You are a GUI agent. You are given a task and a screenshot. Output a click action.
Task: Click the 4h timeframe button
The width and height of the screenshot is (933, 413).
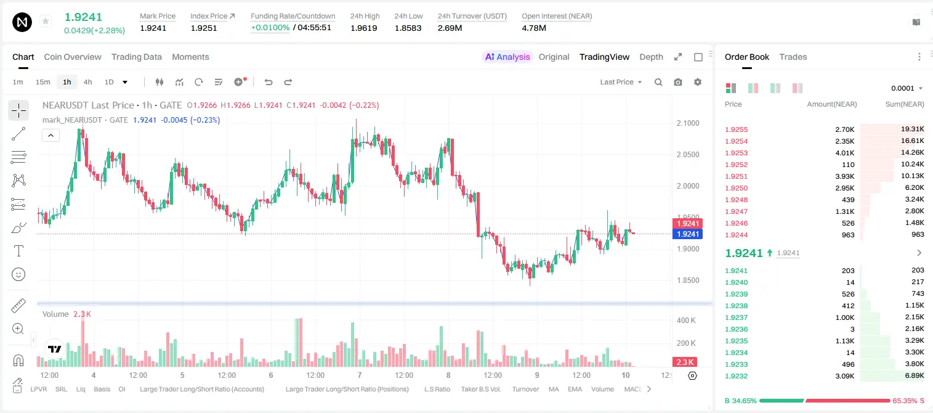tap(87, 82)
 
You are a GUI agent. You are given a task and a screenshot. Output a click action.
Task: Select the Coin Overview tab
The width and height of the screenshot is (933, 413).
tap(73, 57)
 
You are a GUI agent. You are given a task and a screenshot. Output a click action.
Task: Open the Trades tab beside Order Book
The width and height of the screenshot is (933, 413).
tap(793, 57)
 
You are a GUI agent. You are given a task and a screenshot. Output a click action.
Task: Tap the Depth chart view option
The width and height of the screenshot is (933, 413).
tap(651, 57)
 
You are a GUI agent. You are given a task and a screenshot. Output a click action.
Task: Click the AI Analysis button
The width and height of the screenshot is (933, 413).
tap(507, 57)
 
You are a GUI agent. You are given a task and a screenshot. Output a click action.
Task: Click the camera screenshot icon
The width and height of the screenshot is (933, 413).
tap(677, 82)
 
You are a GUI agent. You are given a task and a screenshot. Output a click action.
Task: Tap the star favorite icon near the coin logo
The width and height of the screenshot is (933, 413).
tap(46, 22)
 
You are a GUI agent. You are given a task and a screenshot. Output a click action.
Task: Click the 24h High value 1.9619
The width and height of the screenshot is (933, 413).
tap(363, 28)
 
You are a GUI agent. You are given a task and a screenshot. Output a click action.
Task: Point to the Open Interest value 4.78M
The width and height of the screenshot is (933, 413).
tap(533, 28)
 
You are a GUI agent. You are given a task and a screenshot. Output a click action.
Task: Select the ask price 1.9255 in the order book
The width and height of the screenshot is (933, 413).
tap(736, 129)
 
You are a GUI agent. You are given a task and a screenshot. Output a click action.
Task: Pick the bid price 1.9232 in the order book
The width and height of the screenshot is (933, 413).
tap(736, 376)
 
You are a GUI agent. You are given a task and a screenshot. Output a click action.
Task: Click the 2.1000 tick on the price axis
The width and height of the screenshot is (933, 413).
tap(688, 123)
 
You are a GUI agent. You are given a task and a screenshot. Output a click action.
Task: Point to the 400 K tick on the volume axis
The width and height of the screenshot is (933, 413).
tap(686, 321)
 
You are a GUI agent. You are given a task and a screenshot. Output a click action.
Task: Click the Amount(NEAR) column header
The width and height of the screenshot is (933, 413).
tap(832, 104)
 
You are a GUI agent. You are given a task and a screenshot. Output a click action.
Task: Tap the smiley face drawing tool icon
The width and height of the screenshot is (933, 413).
tap(18, 274)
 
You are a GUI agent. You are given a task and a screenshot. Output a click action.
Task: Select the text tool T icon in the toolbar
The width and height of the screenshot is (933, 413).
tap(18, 251)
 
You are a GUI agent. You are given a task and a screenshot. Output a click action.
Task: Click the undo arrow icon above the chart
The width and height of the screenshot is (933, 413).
tap(269, 82)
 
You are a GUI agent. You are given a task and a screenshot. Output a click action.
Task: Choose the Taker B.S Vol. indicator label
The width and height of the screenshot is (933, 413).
tap(480, 389)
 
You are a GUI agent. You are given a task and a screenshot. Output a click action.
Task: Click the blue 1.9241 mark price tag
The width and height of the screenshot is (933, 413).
tap(687, 234)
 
